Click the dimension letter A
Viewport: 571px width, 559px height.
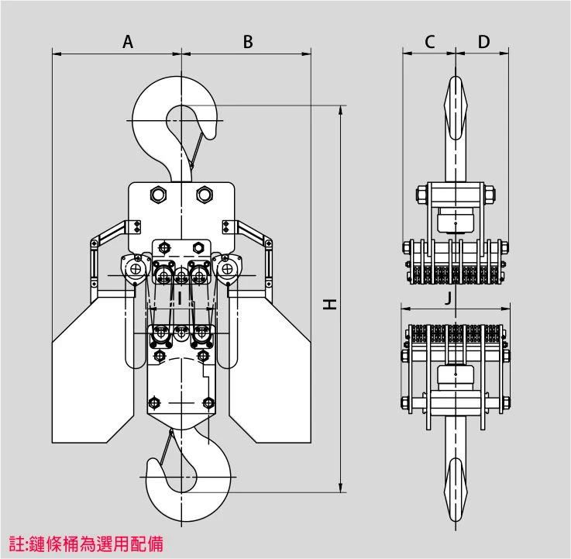[128, 43]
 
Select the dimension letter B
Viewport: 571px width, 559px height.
[248, 43]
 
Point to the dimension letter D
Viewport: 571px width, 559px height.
[483, 42]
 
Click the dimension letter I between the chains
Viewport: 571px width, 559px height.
[180, 296]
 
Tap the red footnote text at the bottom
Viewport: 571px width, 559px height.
[85, 543]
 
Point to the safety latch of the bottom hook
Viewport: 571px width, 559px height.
[165, 448]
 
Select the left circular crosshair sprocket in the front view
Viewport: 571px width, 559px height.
[136, 269]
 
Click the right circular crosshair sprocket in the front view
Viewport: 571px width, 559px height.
[228, 269]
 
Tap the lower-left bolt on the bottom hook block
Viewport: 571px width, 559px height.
[153, 402]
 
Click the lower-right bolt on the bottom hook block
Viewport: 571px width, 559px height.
[207, 402]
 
